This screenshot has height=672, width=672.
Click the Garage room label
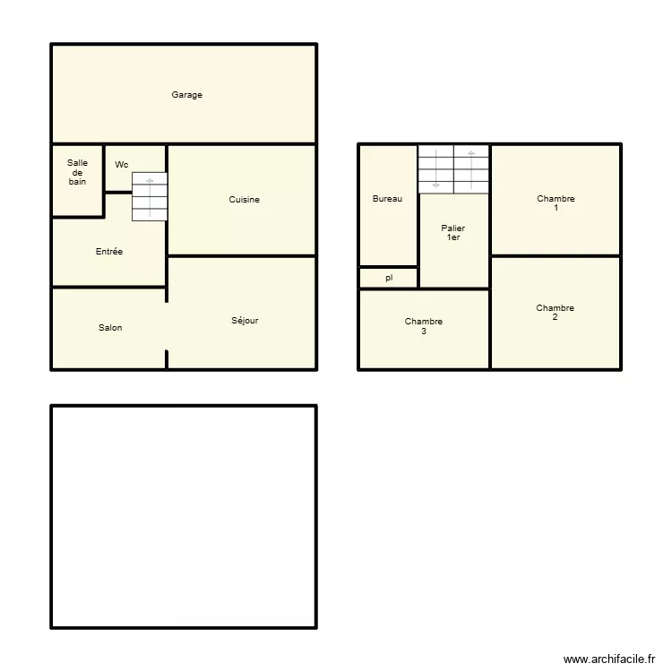[187, 95]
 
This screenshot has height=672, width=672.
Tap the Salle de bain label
[77, 172]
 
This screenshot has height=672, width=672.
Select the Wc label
[122, 165]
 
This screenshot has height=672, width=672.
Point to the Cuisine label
[245, 199]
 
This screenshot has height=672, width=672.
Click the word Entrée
[109, 252]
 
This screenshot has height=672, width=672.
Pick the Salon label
[110, 327]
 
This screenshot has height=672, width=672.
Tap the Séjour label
[245, 320]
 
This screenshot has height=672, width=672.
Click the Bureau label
[387, 198]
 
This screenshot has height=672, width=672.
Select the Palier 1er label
[453, 233]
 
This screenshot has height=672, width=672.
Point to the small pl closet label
[389, 278]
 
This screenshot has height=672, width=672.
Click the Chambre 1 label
[556, 203]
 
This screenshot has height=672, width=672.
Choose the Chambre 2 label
[555, 313]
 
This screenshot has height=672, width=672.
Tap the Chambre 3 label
[424, 326]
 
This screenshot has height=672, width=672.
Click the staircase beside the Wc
[150, 197]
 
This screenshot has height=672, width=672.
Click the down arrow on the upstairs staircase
[435, 168]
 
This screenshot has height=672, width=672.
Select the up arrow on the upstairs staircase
[471, 170]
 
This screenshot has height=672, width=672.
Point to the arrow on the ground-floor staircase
[150, 198]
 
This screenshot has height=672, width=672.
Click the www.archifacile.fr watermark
[609, 659]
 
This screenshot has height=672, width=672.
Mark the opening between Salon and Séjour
[167, 326]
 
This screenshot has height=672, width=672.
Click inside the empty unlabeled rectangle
[184, 517]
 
